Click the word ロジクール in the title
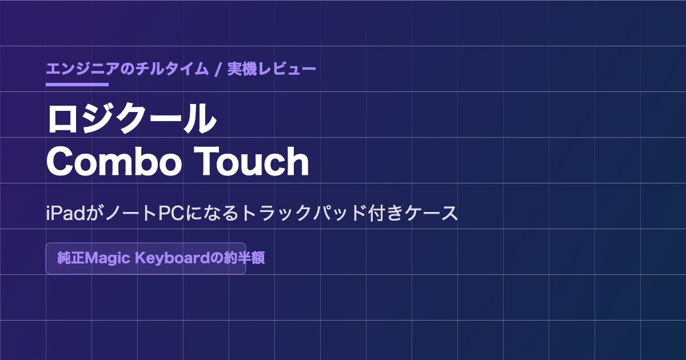(131, 118)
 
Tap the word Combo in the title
(114, 161)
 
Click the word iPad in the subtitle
(66, 213)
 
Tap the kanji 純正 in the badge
(71, 258)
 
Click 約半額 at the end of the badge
(245, 258)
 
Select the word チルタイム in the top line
(172, 69)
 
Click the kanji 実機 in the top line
(242, 69)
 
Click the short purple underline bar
(77, 85)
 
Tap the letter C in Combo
(60, 162)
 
